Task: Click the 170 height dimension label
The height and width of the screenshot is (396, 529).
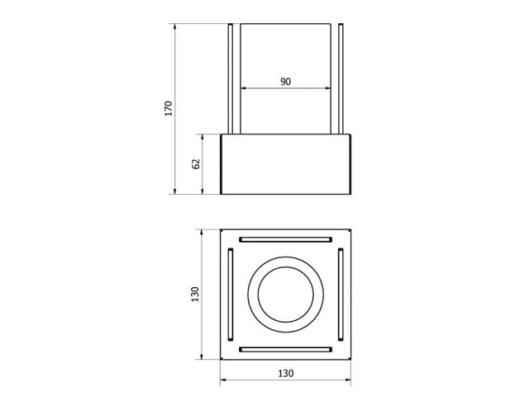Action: click(169, 108)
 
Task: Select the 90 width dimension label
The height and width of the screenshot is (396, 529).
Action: click(285, 82)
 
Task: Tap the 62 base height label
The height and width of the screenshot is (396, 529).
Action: click(196, 163)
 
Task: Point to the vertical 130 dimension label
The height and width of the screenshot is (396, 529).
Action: click(195, 295)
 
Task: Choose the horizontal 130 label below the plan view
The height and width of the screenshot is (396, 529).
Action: click(285, 373)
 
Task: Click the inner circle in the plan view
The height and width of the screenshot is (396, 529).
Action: click(259, 295)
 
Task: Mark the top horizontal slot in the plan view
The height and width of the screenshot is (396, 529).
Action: click(285, 240)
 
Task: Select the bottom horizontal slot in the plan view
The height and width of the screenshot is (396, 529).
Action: click(285, 350)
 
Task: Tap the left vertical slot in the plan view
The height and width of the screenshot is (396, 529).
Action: click(231, 295)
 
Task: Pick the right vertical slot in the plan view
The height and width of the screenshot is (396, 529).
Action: click(341, 295)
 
